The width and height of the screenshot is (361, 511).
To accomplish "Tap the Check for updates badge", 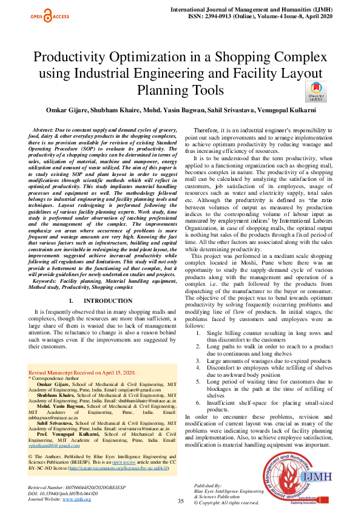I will [316, 90].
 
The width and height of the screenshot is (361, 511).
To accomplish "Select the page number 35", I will [180, 501].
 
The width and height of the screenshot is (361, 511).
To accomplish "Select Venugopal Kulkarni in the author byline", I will [294, 110].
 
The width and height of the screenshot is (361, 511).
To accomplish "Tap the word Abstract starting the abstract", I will [44, 131].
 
